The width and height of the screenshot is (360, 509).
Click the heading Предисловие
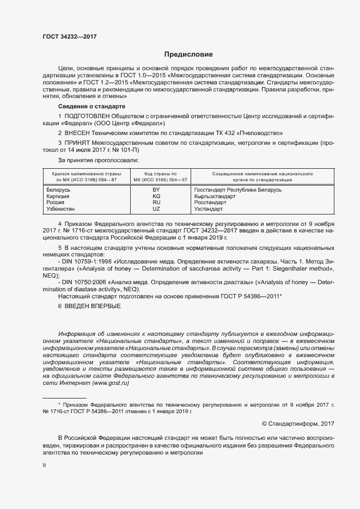(x=188, y=54)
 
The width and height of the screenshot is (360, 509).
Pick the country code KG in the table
(x=156, y=196)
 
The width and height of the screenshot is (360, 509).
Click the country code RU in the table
(x=156, y=203)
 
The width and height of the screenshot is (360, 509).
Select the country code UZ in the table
(x=156, y=209)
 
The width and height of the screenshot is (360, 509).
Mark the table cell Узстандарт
(x=209, y=209)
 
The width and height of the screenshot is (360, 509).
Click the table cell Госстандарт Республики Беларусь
(x=237, y=189)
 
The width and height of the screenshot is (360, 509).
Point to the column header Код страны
(x=156, y=174)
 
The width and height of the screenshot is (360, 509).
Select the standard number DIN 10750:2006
(x=82, y=282)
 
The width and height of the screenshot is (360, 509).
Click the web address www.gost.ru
(x=111, y=383)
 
